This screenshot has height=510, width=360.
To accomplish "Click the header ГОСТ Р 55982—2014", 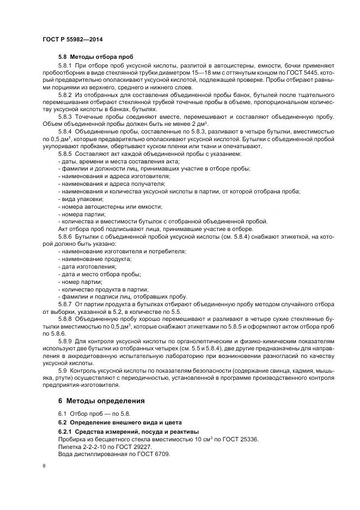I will click(x=72, y=40).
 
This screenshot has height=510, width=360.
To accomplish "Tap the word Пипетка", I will click(x=70, y=446).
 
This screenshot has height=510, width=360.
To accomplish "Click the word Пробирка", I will click(x=71, y=439).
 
